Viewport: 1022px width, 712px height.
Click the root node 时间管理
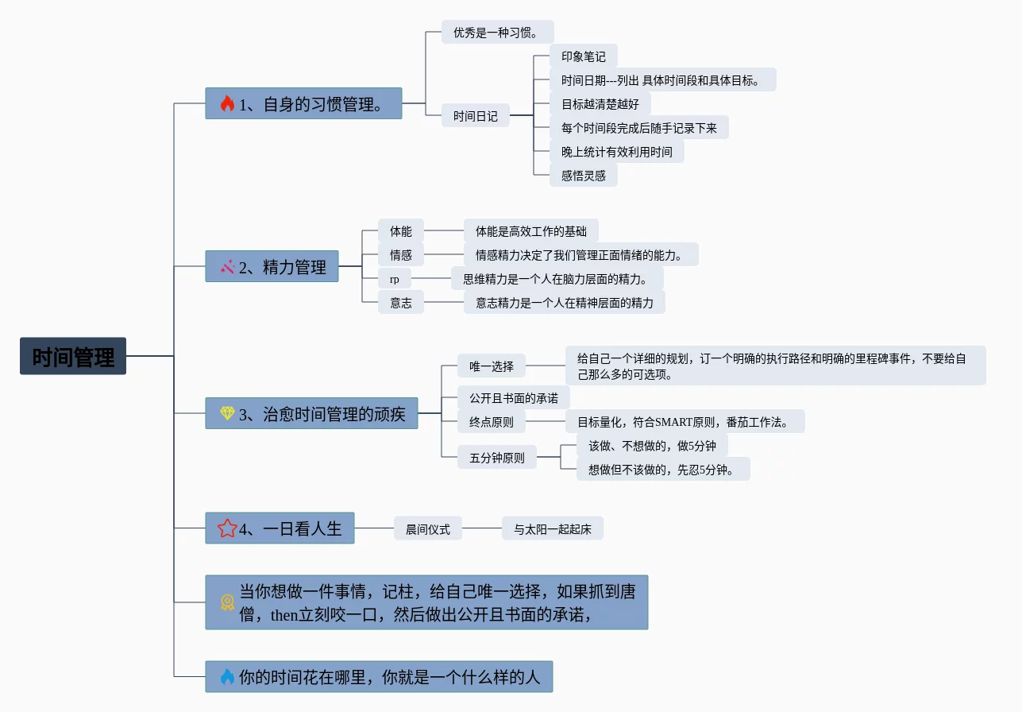coord(73,356)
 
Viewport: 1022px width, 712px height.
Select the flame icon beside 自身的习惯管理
coord(228,103)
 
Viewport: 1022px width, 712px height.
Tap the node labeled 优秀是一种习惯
coord(497,33)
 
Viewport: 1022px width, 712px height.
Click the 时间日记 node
coord(476,116)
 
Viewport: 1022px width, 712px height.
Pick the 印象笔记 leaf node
coord(583,56)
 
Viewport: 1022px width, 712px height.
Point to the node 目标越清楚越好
coord(600,104)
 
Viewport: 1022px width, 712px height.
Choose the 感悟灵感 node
coord(583,176)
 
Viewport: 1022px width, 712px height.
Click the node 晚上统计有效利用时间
coord(616,152)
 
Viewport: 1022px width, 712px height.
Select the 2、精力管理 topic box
coord(272,267)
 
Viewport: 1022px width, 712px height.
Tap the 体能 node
coord(400,231)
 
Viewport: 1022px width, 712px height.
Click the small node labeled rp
coord(394,279)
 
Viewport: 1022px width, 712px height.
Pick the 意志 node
coord(400,303)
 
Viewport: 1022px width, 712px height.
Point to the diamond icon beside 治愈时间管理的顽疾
coord(228,413)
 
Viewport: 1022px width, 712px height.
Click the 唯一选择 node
coord(492,366)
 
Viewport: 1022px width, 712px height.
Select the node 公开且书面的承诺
coord(513,398)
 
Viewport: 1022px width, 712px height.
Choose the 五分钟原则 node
coord(496,458)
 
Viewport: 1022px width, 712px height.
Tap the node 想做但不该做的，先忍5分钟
coord(662,470)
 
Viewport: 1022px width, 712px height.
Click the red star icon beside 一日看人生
coord(227,528)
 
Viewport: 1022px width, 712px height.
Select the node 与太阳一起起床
coord(552,528)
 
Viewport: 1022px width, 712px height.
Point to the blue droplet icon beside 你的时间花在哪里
coord(228,677)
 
